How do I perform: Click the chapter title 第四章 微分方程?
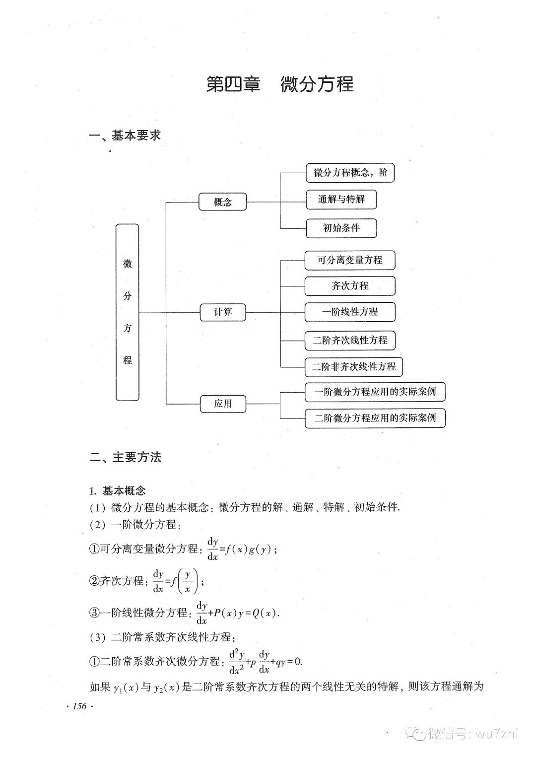click(279, 84)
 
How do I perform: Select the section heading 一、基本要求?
click(125, 136)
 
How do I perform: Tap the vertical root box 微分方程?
click(128, 312)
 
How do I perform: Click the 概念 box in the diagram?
click(223, 202)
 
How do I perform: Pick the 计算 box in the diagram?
click(223, 312)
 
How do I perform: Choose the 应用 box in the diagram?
click(223, 404)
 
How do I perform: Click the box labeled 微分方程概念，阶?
click(350, 173)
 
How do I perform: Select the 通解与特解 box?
click(341, 200)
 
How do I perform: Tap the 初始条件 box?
click(341, 228)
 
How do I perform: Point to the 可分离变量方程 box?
click(350, 260)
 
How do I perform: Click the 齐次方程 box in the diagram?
click(350, 286)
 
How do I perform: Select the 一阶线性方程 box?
click(350, 312)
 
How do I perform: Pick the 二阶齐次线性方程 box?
click(350, 341)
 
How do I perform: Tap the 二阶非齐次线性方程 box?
click(354, 367)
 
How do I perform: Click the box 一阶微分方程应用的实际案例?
click(375, 392)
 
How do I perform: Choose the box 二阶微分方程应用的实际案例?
click(375, 418)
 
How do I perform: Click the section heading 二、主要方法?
click(126, 457)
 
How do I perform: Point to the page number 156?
click(79, 706)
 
